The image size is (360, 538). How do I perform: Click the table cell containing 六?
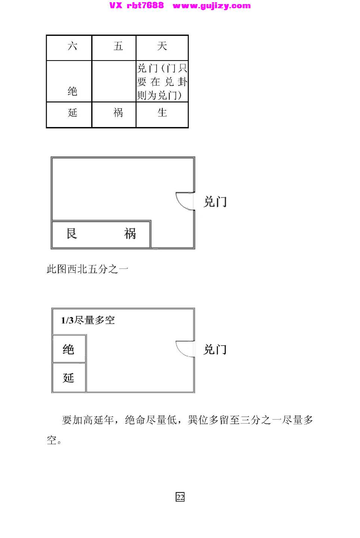pyautogui.click(x=69, y=48)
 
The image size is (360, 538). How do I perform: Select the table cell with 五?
pyautogui.click(x=114, y=48)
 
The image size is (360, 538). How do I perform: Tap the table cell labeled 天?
pyautogui.click(x=162, y=48)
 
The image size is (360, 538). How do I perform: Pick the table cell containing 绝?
pyautogui.click(x=69, y=81)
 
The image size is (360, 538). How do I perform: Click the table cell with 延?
pyautogui.click(x=69, y=115)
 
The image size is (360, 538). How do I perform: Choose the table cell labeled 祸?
pyautogui.click(x=114, y=115)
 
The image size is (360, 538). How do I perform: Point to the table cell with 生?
pyautogui.click(x=162, y=115)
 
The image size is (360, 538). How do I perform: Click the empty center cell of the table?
pyautogui.click(x=114, y=81)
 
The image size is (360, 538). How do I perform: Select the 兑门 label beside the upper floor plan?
pyautogui.click(x=215, y=201)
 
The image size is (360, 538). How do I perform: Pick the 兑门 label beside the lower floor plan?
pyautogui.click(x=215, y=349)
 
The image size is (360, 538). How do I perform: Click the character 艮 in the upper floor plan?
pyautogui.click(x=72, y=234)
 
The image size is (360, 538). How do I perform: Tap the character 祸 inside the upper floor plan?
pyautogui.click(x=130, y=234)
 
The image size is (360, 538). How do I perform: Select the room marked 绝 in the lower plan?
pyautogui.click(x=69, y=349)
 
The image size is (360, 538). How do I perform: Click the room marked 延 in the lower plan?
pyautogui.click(x=69, y=377)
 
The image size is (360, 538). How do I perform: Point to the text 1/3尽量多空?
pyautogui.click(x=88, y=320)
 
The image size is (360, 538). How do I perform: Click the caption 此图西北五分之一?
pyautogui.click(x=87, y=269)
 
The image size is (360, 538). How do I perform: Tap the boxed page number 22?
pyautogui.click(x=180, y=497)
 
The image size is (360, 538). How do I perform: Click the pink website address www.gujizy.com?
pyautogui.click(x=212, y=6)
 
